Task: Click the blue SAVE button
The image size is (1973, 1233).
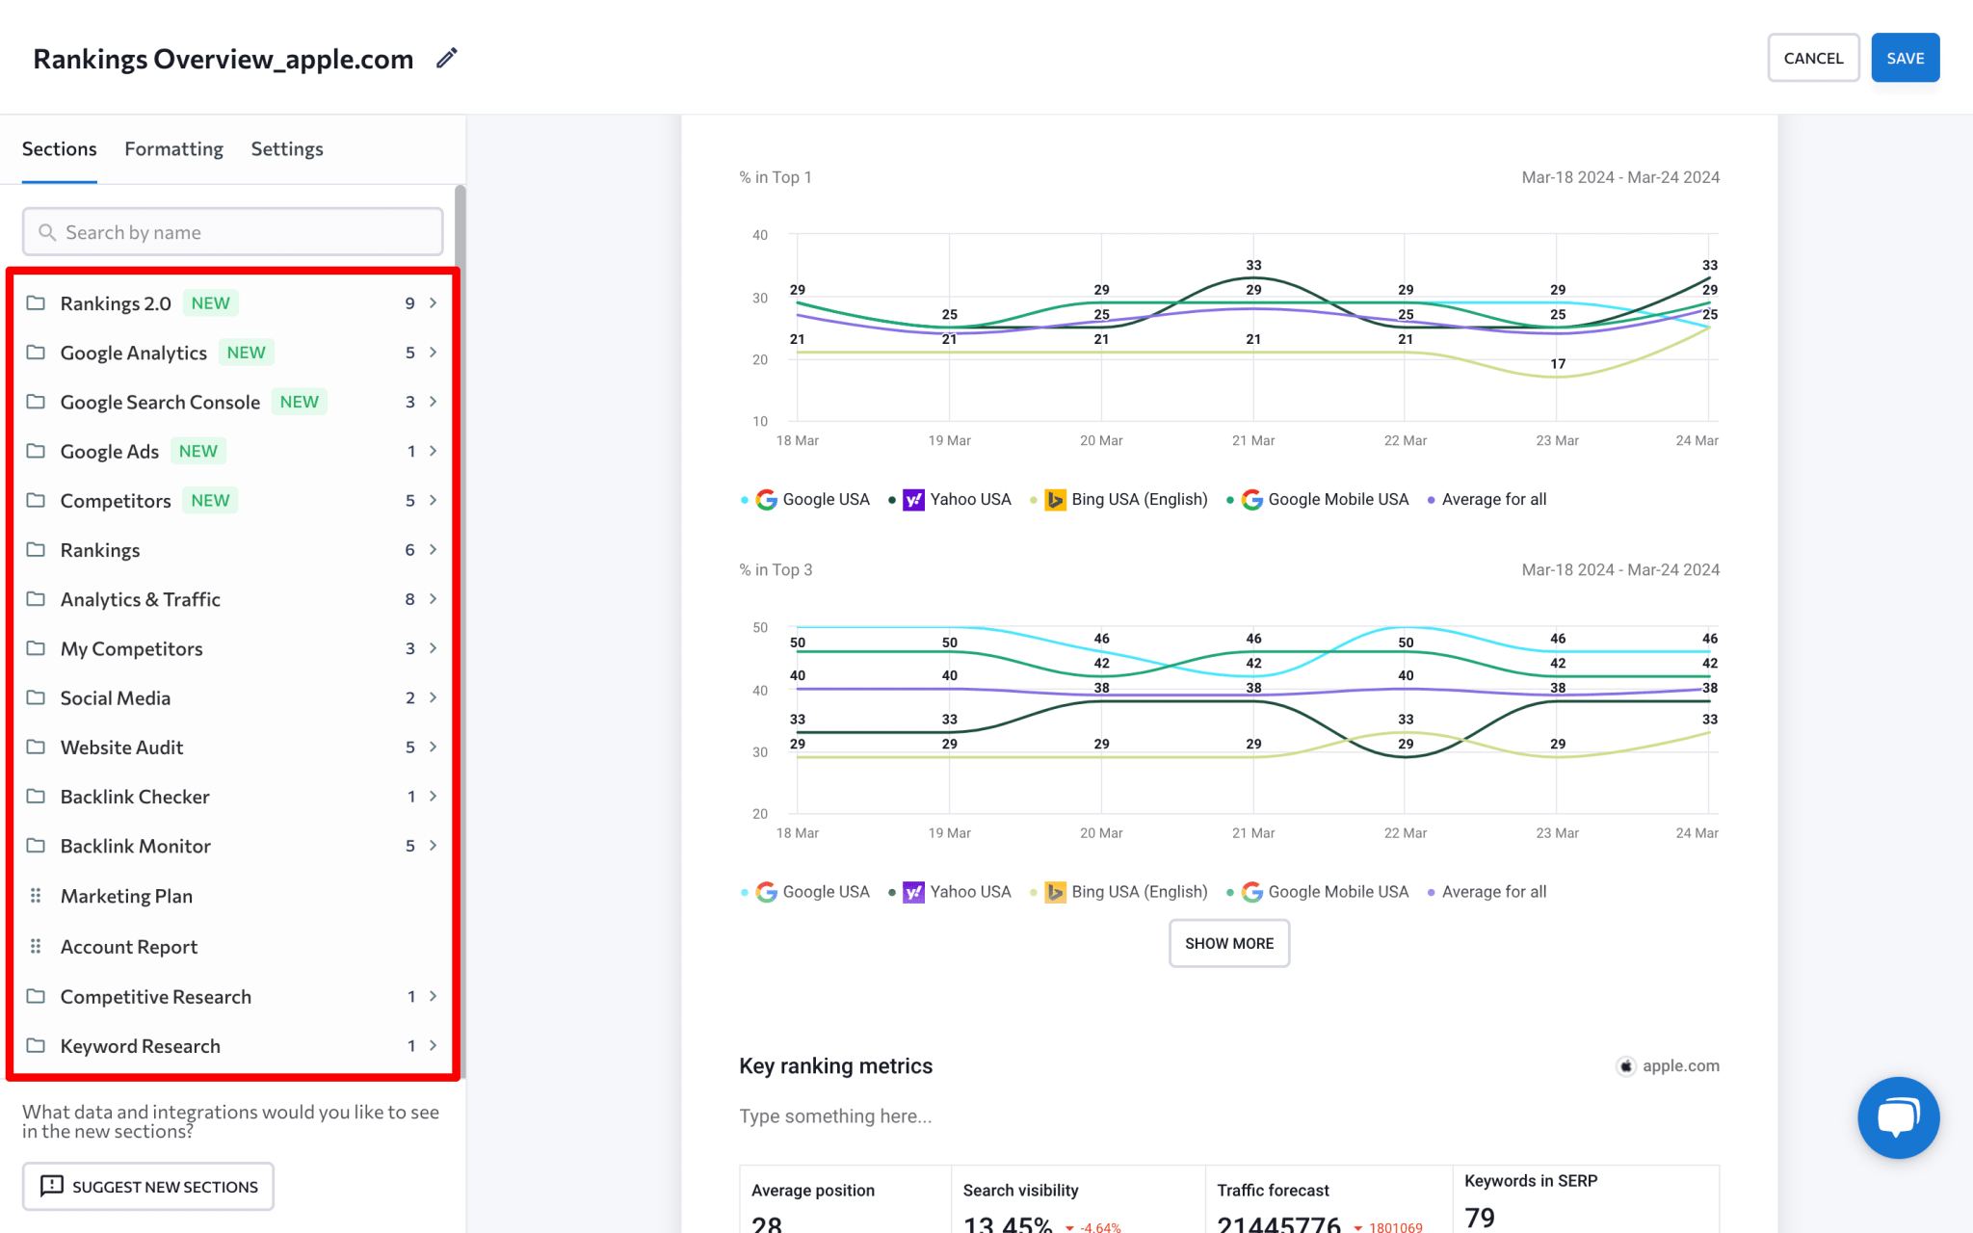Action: (x=1905, y=58)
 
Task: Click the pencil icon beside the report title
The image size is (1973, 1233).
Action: (x=446, y=58)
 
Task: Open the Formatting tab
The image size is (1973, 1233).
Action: (x=173, y=149)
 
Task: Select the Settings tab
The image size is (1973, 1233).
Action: (x=287, y=149)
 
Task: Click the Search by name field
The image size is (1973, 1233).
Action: (x=232, y=232)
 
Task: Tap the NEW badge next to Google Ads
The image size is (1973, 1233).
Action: (x=198, y=451)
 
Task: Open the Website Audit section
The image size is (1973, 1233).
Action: (x=121, y=748)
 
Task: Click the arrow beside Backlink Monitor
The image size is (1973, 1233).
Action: (x=434, y=846)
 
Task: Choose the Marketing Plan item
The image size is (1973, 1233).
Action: (x=126, y=896)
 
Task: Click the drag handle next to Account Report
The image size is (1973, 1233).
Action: (x=36, y=947)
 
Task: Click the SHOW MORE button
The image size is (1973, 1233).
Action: (x=1228, y=943)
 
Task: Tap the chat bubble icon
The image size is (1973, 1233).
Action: (x=1898, y=1117)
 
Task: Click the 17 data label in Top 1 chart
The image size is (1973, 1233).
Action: (x=1558, y=364)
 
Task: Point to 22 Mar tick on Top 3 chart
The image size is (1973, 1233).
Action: (x=1405, y=833)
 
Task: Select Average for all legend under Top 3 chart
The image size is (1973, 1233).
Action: (x=1493, y=892)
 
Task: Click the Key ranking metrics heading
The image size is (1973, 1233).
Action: (x=835, y=1066)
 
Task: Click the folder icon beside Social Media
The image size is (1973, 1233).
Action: (x=36, y=697)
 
